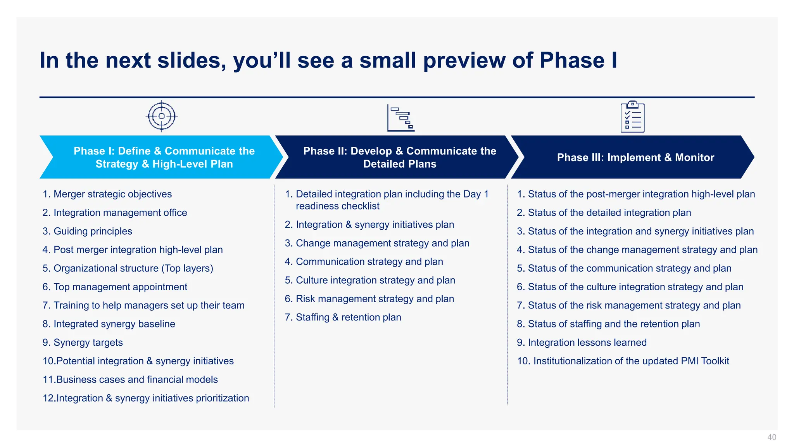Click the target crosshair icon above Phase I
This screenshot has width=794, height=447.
click(x=162, y=116)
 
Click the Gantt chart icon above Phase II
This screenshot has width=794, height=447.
click(x=401, y=118)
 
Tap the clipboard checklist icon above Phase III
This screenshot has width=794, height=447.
click(x=632, y=117)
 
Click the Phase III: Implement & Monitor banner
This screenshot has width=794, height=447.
click(x=635, y=157)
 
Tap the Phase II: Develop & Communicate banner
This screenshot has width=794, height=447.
click(x=399, y=157)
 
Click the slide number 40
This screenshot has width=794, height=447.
click(x=772, y=437)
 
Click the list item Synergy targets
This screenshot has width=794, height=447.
click(x=88, y=343)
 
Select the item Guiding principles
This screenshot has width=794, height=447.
click(x=93, y=231)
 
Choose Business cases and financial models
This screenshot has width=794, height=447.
click(x=136, y=379)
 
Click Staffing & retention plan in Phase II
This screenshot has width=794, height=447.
click(x=348, y=317)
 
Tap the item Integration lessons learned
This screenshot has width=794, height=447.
click(x=587, y=343)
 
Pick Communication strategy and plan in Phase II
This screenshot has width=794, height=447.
click(x=369, y=262)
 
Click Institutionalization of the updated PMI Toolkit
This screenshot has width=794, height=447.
click(x=631, y=361)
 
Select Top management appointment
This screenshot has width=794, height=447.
click(x=120, y=287)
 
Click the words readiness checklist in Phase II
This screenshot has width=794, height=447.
click(x=337, y=206)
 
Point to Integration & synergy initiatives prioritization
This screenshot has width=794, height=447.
click(x=152, y=398)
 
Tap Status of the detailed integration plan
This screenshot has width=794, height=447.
click(x=609, y=213)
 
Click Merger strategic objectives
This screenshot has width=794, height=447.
click(x=112, y=194)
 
